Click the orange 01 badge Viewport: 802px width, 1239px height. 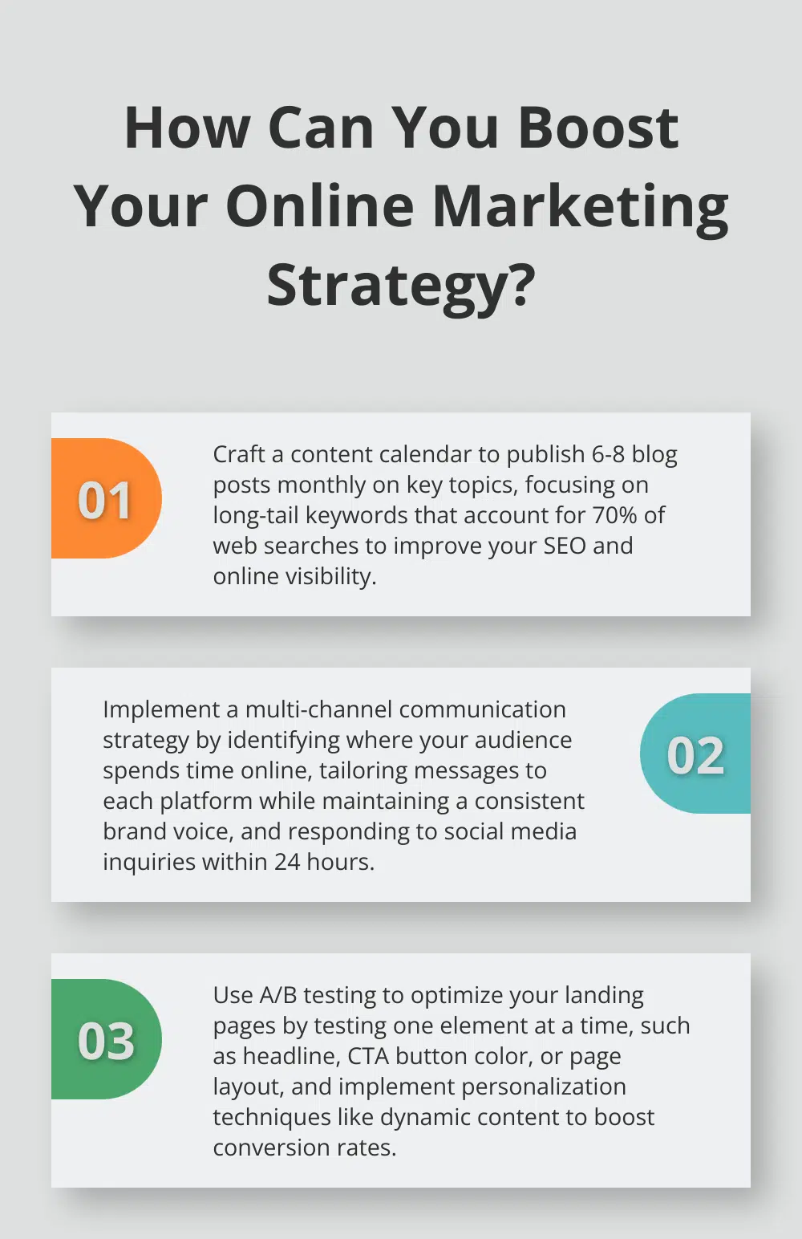point(105,499)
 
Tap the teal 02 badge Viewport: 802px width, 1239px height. point(695,754)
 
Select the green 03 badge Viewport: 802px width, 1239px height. point(105,1040)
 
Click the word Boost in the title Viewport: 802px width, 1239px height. point(598,128)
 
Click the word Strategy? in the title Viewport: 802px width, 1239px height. point(401,286)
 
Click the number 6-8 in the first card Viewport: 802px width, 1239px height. point(608,454)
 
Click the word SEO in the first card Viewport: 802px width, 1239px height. point(565,546)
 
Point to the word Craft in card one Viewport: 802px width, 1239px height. point(238,454)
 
